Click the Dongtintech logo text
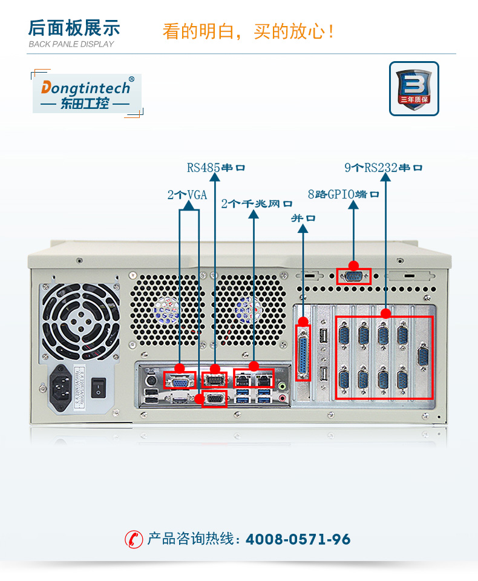[x=85, y=88]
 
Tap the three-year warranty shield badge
[x=414, y=88]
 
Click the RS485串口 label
[x=216, y=167]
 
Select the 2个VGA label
[x=187, y=195]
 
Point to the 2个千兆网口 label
[x=257, y=203]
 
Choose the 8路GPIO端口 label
[x=343, y=194]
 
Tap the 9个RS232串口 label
[x=384, y=167]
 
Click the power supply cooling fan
[x=80, y=320]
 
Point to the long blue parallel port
[x=303, y=353]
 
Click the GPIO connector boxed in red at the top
[x=353, y=276]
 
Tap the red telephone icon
[x=134, y=539]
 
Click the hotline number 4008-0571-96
[x=298, y=539]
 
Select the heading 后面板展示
[x=74, y=28]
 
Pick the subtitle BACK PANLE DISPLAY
[x=71, y=44]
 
